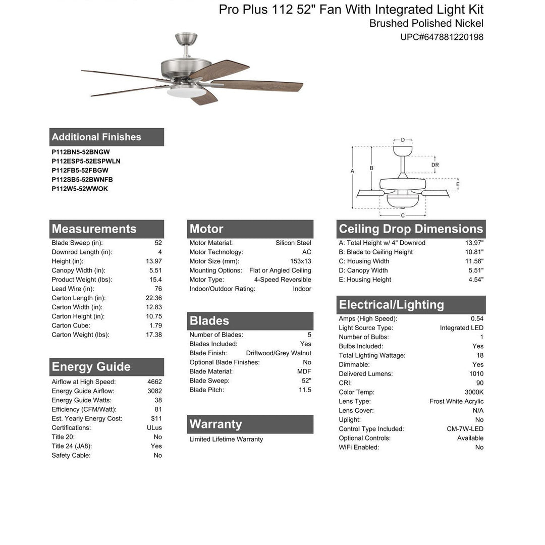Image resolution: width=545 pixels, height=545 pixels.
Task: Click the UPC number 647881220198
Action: [x=442, y=37]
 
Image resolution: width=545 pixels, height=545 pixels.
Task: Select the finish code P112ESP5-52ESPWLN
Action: [x=86, y=161]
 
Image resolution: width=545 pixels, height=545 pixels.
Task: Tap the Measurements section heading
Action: [x=94, y=229]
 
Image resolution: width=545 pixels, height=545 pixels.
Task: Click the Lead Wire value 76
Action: [x=158, y=289]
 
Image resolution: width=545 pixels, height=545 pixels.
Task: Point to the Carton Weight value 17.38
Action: [x=154, y=335]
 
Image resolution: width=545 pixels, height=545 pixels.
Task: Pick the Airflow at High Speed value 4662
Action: [x=154, y=382]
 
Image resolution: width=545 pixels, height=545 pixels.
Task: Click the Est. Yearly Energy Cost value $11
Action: [x=156, y=418]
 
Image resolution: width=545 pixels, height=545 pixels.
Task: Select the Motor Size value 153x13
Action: [x=300, y=261]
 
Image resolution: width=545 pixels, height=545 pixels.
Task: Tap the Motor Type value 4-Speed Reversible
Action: [x=283, y=280]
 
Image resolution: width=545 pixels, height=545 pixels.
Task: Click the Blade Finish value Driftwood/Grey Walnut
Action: [x=279, y=353]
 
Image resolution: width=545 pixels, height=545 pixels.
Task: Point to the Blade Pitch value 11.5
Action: [x=305, y=390]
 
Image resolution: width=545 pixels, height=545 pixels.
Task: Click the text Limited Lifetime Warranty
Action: [x=226, y=439]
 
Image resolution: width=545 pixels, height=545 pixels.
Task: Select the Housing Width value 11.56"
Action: [x=474, y=261]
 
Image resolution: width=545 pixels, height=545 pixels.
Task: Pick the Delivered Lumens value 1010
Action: [x=476, y=374]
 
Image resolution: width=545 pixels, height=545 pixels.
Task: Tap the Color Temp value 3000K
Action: [x=474, y=392]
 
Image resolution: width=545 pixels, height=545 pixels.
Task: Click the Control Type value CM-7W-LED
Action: [x=465, y=429]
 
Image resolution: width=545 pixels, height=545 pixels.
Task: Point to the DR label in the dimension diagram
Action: [x=435, y=165]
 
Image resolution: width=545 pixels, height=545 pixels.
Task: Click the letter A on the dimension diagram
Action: [x=352, y=172]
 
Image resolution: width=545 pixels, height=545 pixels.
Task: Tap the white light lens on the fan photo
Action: [x=186, y=92]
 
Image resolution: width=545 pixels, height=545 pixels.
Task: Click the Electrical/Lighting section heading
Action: [x=391, y=305]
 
